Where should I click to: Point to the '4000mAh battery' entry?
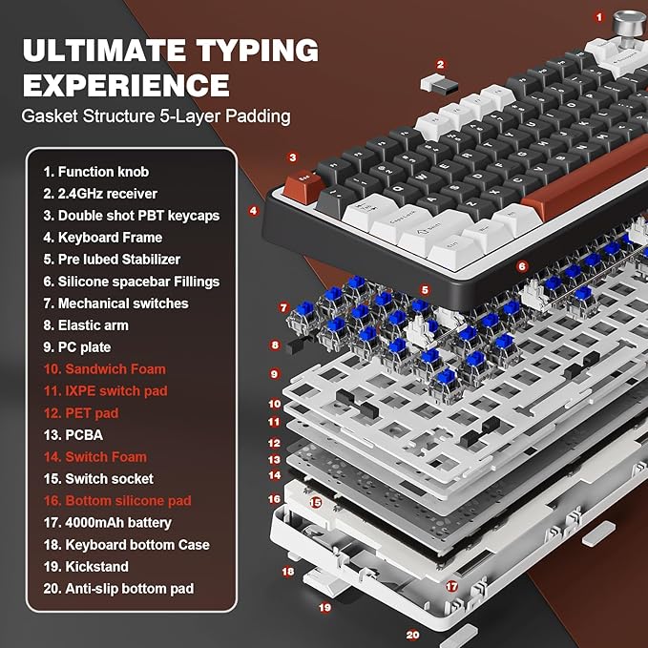(x=108, y=522)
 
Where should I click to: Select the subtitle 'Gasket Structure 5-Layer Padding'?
(x=157, y=117)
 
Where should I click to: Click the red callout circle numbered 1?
(x=599, y=16)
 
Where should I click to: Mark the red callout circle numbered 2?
(x=440, y=65)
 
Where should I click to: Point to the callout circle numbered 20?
(x=411, y=634)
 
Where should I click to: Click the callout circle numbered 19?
(x=324, y=606)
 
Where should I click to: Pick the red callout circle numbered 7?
(x=283, y=307)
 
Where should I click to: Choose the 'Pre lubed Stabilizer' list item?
(x=111, y=259)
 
